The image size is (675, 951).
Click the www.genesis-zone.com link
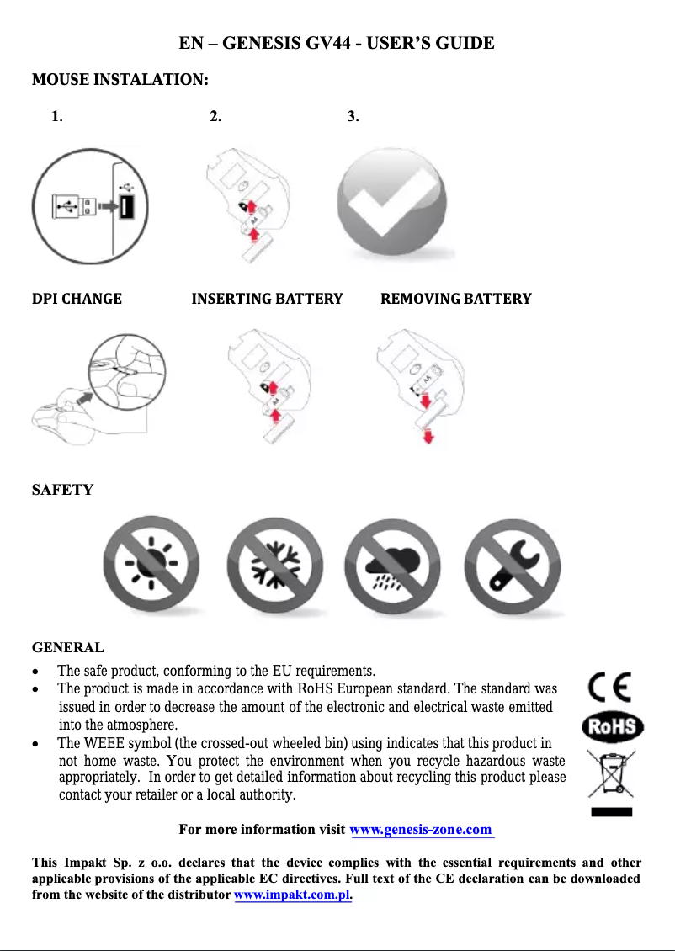click(x=421, y=830)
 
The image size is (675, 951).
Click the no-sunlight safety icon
click(x=152, y=564)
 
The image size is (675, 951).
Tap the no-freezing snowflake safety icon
click(x=275, y=564)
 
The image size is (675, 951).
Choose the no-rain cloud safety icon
click(x=393, y=564)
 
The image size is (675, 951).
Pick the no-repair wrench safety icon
click(x=513, y=564)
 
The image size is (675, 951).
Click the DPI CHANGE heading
click(x=77, y=299)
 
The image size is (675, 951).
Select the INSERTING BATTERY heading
click(x=267, y=299)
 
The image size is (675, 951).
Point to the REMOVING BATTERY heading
click(x=456, y=299)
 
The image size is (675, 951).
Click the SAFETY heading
click(x=62, y=490)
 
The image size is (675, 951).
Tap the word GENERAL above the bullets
click(x=67, y=648)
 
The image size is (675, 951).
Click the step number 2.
click(x=215, y=116)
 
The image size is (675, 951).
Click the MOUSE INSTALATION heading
click(x=120, y=81)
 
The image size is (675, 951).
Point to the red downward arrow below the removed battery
click(x=428, y=436)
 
